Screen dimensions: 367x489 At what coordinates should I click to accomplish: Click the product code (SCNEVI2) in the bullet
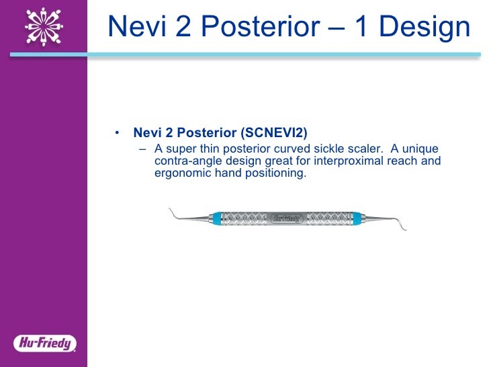pos(272,132)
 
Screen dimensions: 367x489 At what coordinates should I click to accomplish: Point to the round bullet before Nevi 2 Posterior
pos(118,132)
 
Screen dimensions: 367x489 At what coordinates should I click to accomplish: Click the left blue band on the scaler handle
pos(215,218)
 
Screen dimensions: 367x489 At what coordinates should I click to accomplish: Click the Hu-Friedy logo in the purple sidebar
pos(44,343)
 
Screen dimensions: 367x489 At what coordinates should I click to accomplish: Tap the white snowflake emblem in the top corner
pos(44,25)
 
